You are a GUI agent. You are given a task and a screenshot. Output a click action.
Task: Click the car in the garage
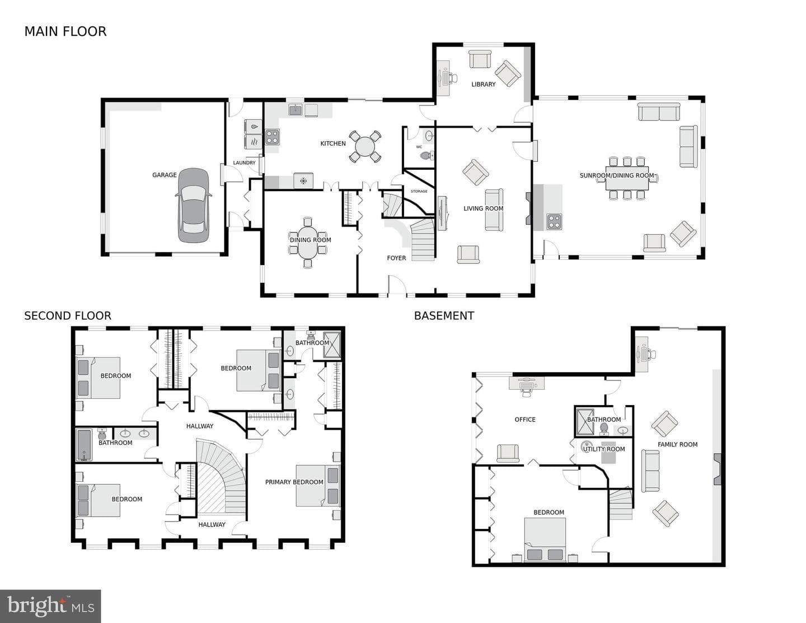pyautogui.click(x=193, y=205)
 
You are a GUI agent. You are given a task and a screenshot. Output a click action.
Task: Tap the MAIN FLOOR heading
pyautogui.click(x=65, y=31)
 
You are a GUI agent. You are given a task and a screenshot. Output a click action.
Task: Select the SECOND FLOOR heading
pyautogui.click(x=68, y=315)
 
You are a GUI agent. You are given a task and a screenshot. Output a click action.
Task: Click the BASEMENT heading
pyautogui.click(x=444, y=315)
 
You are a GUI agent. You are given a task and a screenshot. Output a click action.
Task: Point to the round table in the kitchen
pyautogui.click(x=365, y=147)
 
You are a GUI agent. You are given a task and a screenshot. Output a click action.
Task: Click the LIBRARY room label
pyautogui.click(x=483, y=84)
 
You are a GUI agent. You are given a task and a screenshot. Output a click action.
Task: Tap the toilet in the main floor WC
pyautogui.click(x=427, y=156)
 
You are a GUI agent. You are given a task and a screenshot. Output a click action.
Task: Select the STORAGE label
pyautogui.click(x=419, y=191)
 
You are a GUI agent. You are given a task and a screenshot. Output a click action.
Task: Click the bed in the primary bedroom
pyautogui.click(x=317, y=486)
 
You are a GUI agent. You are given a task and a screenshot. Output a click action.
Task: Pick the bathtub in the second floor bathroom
pyautogui.click(x=84, y=444)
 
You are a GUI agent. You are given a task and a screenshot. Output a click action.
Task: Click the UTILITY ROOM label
pyautogui.click(x=604, y=449)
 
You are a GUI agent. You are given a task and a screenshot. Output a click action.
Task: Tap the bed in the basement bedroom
pyautogui.click(x=545, y=540)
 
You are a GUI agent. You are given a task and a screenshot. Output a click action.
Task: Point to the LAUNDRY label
pyautogui.click(x=244, y=162)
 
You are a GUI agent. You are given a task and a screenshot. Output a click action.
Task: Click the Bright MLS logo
pyautogui.click(x=50, y=606)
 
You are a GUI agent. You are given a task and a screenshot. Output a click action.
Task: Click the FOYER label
pyautogui.click(x=396, y=258)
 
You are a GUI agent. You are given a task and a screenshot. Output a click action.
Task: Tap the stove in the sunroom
pyautogui.click(x=554, y=222)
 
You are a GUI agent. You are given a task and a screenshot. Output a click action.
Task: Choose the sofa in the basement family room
pyautogui.click(x=650, y=471)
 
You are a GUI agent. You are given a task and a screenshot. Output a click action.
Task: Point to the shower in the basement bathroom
pyautogui.click(x=584, y=422)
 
